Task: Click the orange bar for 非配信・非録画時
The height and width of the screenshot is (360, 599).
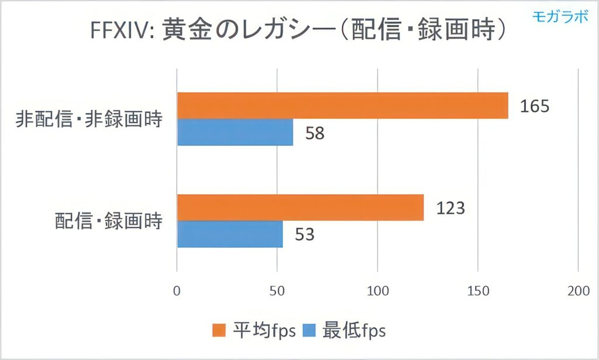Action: tap(342, 106)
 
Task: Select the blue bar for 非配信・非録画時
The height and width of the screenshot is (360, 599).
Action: tap(235, 133)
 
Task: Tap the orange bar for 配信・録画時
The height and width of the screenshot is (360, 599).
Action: tap(300, 208)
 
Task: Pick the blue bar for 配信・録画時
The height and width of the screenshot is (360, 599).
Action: tap(230, 234)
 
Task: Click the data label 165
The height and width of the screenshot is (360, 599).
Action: tap(533, 107)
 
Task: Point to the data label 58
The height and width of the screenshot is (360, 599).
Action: tap(314, 133)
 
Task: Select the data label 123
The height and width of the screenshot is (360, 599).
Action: tap(450, 208)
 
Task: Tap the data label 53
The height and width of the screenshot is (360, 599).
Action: tap(304, 235)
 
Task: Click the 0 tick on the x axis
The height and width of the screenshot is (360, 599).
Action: tap(177, 291)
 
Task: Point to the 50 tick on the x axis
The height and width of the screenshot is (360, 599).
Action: tap(277, 291)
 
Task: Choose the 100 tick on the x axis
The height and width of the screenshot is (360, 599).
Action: tap(377, 291)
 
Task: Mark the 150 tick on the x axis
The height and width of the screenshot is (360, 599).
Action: tap(478, 291)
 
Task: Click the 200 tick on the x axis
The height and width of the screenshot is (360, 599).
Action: tap(578, 291)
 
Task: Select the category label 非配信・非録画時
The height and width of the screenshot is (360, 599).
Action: tap(88, 121)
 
